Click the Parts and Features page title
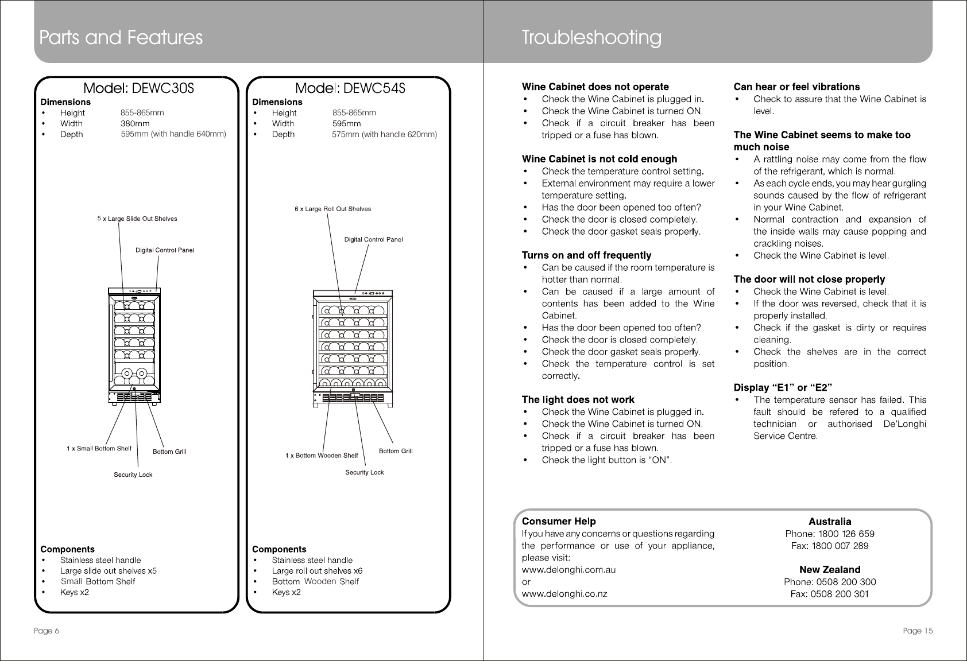121,38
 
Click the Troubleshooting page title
591,38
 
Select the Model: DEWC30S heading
139,88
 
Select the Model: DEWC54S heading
350,88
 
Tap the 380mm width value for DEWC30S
135,123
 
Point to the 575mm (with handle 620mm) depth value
384,134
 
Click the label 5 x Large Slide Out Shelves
137,219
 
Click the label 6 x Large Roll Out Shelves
332,209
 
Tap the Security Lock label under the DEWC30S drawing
133,475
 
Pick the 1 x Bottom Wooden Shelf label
322,456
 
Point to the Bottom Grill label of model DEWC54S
396,451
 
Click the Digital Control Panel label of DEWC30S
164,250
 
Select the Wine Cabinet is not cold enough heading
599,159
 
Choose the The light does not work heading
578,399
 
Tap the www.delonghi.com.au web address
568,570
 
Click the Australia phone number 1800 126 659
829,534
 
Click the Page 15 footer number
917,631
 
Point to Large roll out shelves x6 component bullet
317,571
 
